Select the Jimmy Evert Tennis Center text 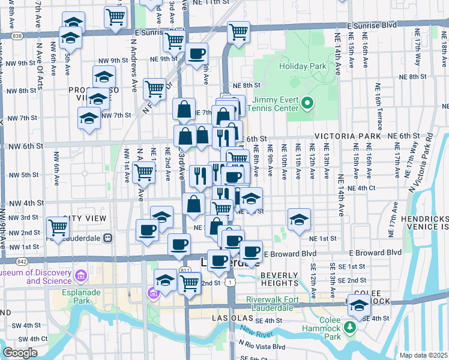(x=276, y=104)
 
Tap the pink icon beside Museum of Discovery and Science (x=82, y=275)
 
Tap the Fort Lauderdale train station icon (x=108, y=238)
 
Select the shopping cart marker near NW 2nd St (x=58, y=228)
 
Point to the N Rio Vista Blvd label (x=262, y=347)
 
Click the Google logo (x=20, y=353)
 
